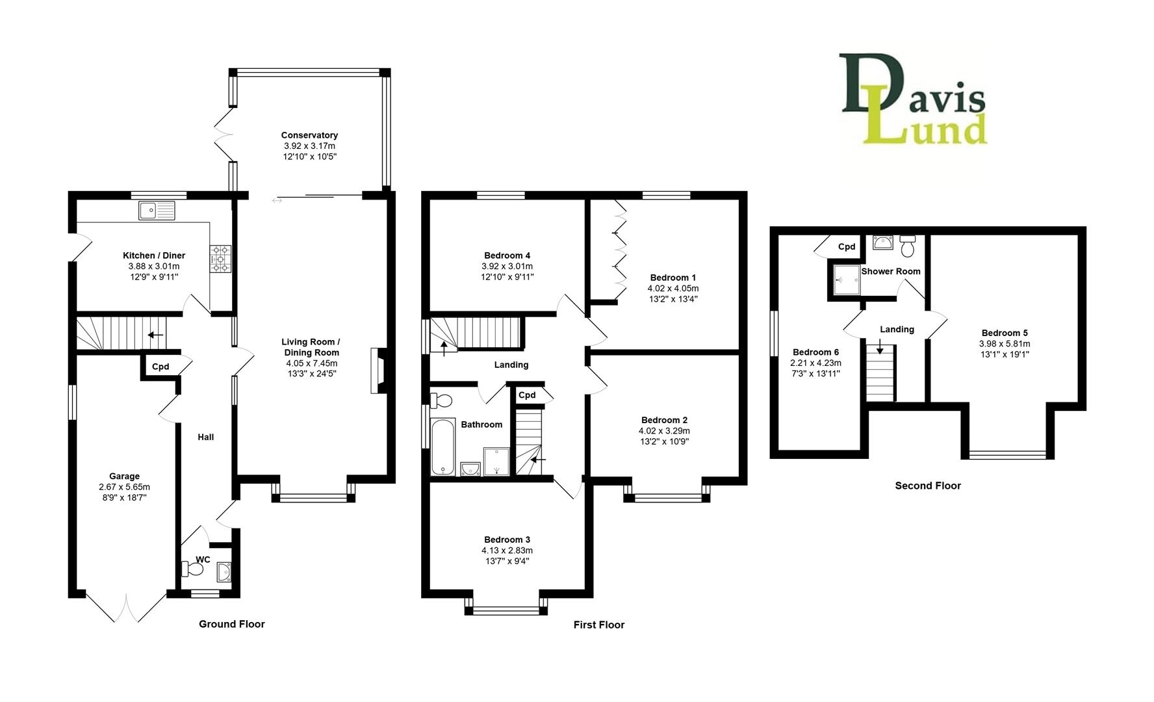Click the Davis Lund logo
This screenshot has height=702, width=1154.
(x=913, y=99)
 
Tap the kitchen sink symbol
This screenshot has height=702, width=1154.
(x=157, y=210)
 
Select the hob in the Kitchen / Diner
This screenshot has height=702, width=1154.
(x=220, y=258)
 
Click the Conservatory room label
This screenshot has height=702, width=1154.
(x=309, y=135)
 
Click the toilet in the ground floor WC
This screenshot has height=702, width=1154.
(x=193, y=569)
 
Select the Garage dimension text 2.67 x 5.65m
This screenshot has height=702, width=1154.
(x=124, y=487)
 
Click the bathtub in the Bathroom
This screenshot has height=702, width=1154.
(x=442, y=447)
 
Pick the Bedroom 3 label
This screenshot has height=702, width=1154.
(x=507, y=539)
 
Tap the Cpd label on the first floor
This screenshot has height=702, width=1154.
(x=527, y=395)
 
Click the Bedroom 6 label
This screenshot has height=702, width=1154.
(x=815, y=352)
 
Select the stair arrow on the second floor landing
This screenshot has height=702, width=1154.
(x=880, y=349)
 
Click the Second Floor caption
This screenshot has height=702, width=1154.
(x=927, y=486)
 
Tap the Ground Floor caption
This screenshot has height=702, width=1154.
(x=231, y=624)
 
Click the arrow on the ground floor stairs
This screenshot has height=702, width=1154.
(x=155, y=335)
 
